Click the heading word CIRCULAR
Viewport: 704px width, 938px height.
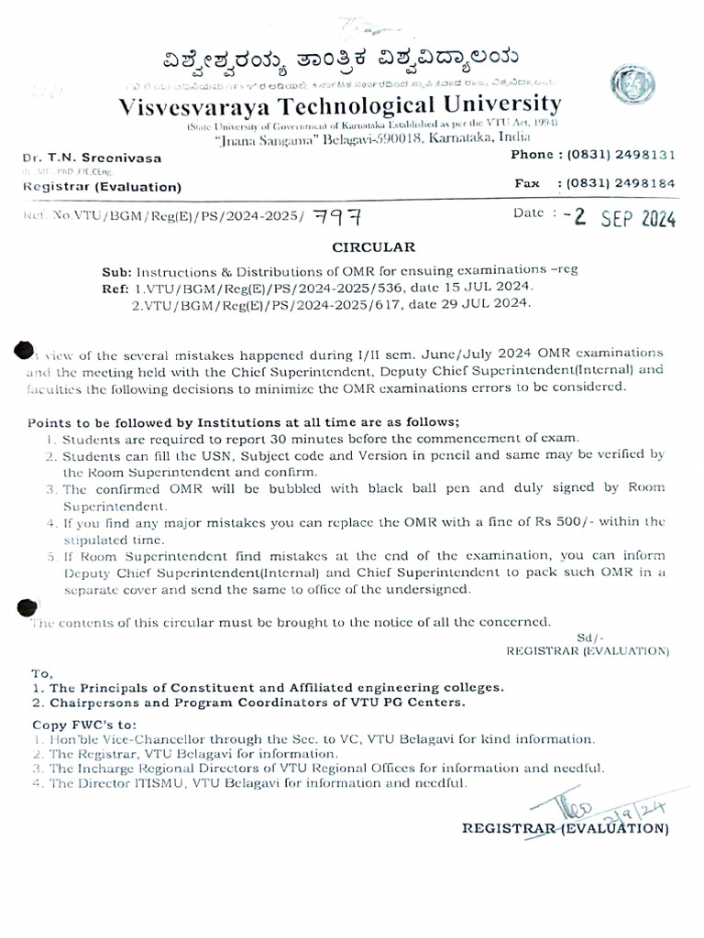pos(373,246)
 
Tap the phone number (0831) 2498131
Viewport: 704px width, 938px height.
pos(621,155)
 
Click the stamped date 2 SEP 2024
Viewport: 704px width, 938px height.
pos(623,217)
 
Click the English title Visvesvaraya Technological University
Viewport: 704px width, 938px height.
pos(339,104)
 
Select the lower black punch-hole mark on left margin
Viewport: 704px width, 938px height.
pos(27,605)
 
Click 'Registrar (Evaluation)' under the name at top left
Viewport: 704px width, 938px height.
pos(102,187)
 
